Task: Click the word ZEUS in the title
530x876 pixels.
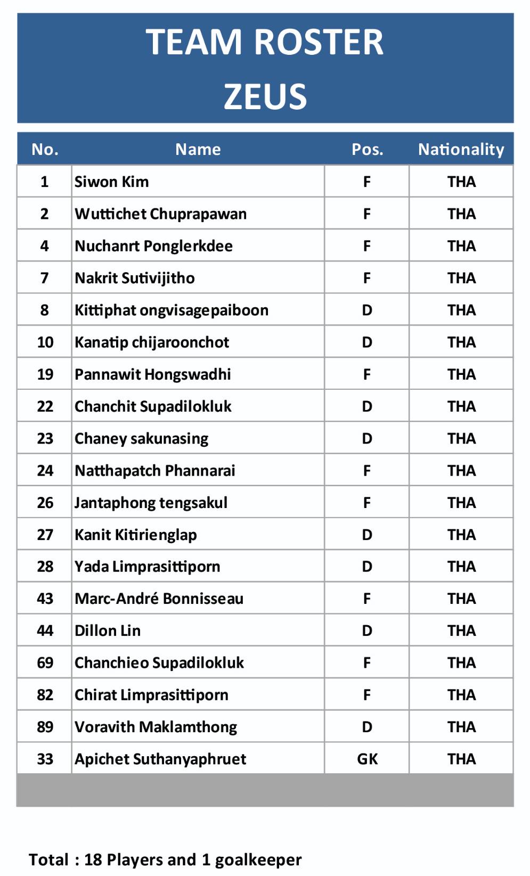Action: click(x=265, y=96)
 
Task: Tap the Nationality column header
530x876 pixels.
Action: click(x=461, y=149)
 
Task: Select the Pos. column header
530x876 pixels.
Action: click(x=367, y=149)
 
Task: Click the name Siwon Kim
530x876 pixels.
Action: click(x=111, y=182)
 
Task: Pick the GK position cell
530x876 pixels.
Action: click(x=367, y=759)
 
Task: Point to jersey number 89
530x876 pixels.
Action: click(x=45, y=727)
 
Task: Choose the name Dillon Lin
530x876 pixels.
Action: click(x=108, y=631)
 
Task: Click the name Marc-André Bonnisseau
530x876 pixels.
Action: click(x=159, y=599)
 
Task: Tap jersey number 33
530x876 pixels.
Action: click(x=45, y=759)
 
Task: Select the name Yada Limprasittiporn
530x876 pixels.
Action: click(x=147, y=567)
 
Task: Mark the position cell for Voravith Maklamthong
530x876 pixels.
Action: click(x=367, y=727)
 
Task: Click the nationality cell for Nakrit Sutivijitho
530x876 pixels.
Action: click(x=461, y=278)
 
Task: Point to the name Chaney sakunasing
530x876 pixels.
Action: click(x=141, y=438)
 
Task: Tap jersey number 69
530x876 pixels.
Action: click(x=45, y=662)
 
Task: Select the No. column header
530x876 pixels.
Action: click(x=45, y=149)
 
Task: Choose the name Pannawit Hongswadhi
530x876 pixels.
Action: click(x=152, y=374)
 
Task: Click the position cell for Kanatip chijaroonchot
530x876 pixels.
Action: click(x=367, y=342)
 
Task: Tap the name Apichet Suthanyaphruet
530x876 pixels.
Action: click(x=160, y=759)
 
